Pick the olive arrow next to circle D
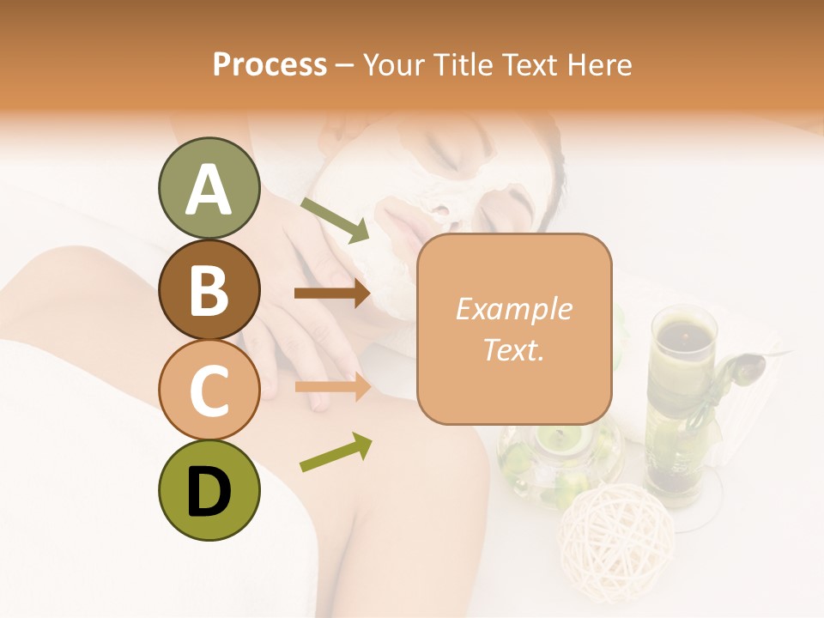(x=336, y=452)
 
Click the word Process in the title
(x=270, y=65)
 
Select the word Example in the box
(x=513, y=309)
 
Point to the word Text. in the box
(x=513, y=349)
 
